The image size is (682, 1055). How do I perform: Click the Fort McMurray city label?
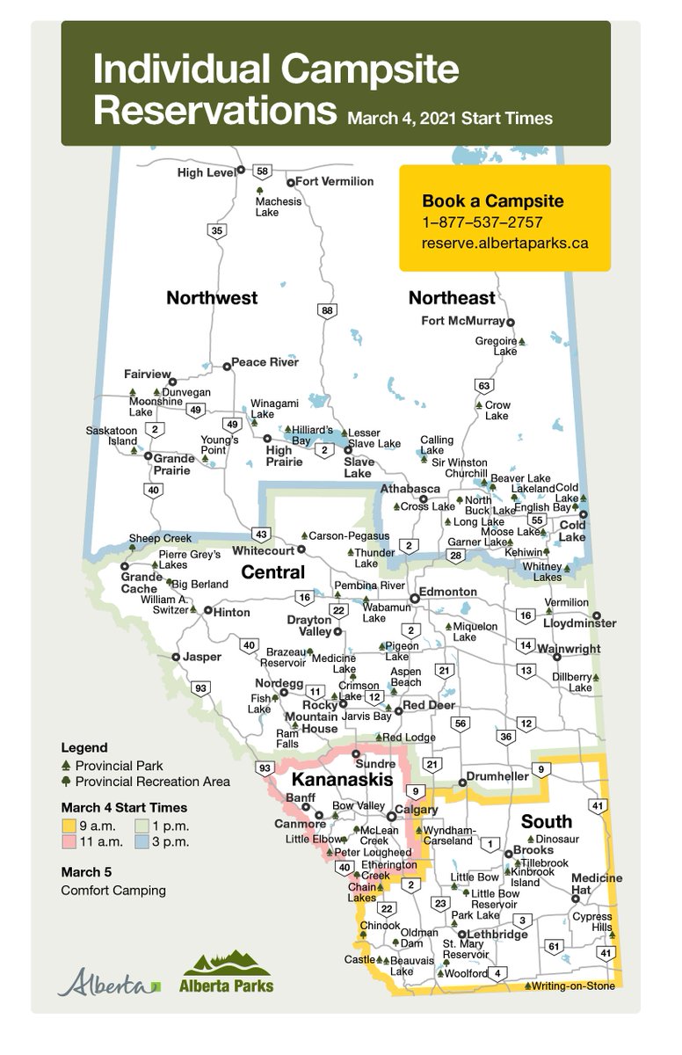463,321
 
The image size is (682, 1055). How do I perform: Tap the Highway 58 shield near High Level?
262,171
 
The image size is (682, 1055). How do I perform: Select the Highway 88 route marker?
328,310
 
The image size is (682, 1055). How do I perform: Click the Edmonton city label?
448,593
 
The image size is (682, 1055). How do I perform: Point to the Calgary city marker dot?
391,817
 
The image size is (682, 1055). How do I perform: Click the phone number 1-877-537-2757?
482,222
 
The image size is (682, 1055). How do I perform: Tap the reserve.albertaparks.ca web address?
504,244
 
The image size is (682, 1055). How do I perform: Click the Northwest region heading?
212,298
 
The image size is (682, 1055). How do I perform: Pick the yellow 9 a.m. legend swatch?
67,826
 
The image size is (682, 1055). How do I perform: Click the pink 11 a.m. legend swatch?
67,842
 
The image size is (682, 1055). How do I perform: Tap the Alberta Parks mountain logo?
226,972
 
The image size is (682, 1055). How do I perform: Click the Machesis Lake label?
278,207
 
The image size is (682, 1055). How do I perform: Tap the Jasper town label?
202,657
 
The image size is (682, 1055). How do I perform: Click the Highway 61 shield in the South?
553,947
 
